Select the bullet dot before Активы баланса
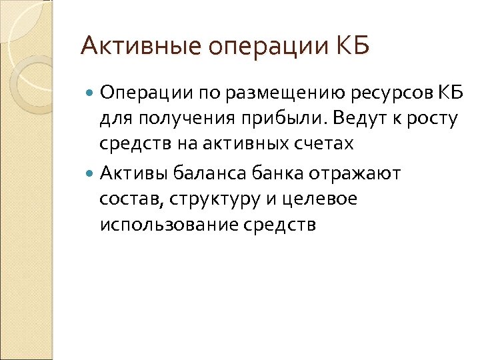click(91, 174)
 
